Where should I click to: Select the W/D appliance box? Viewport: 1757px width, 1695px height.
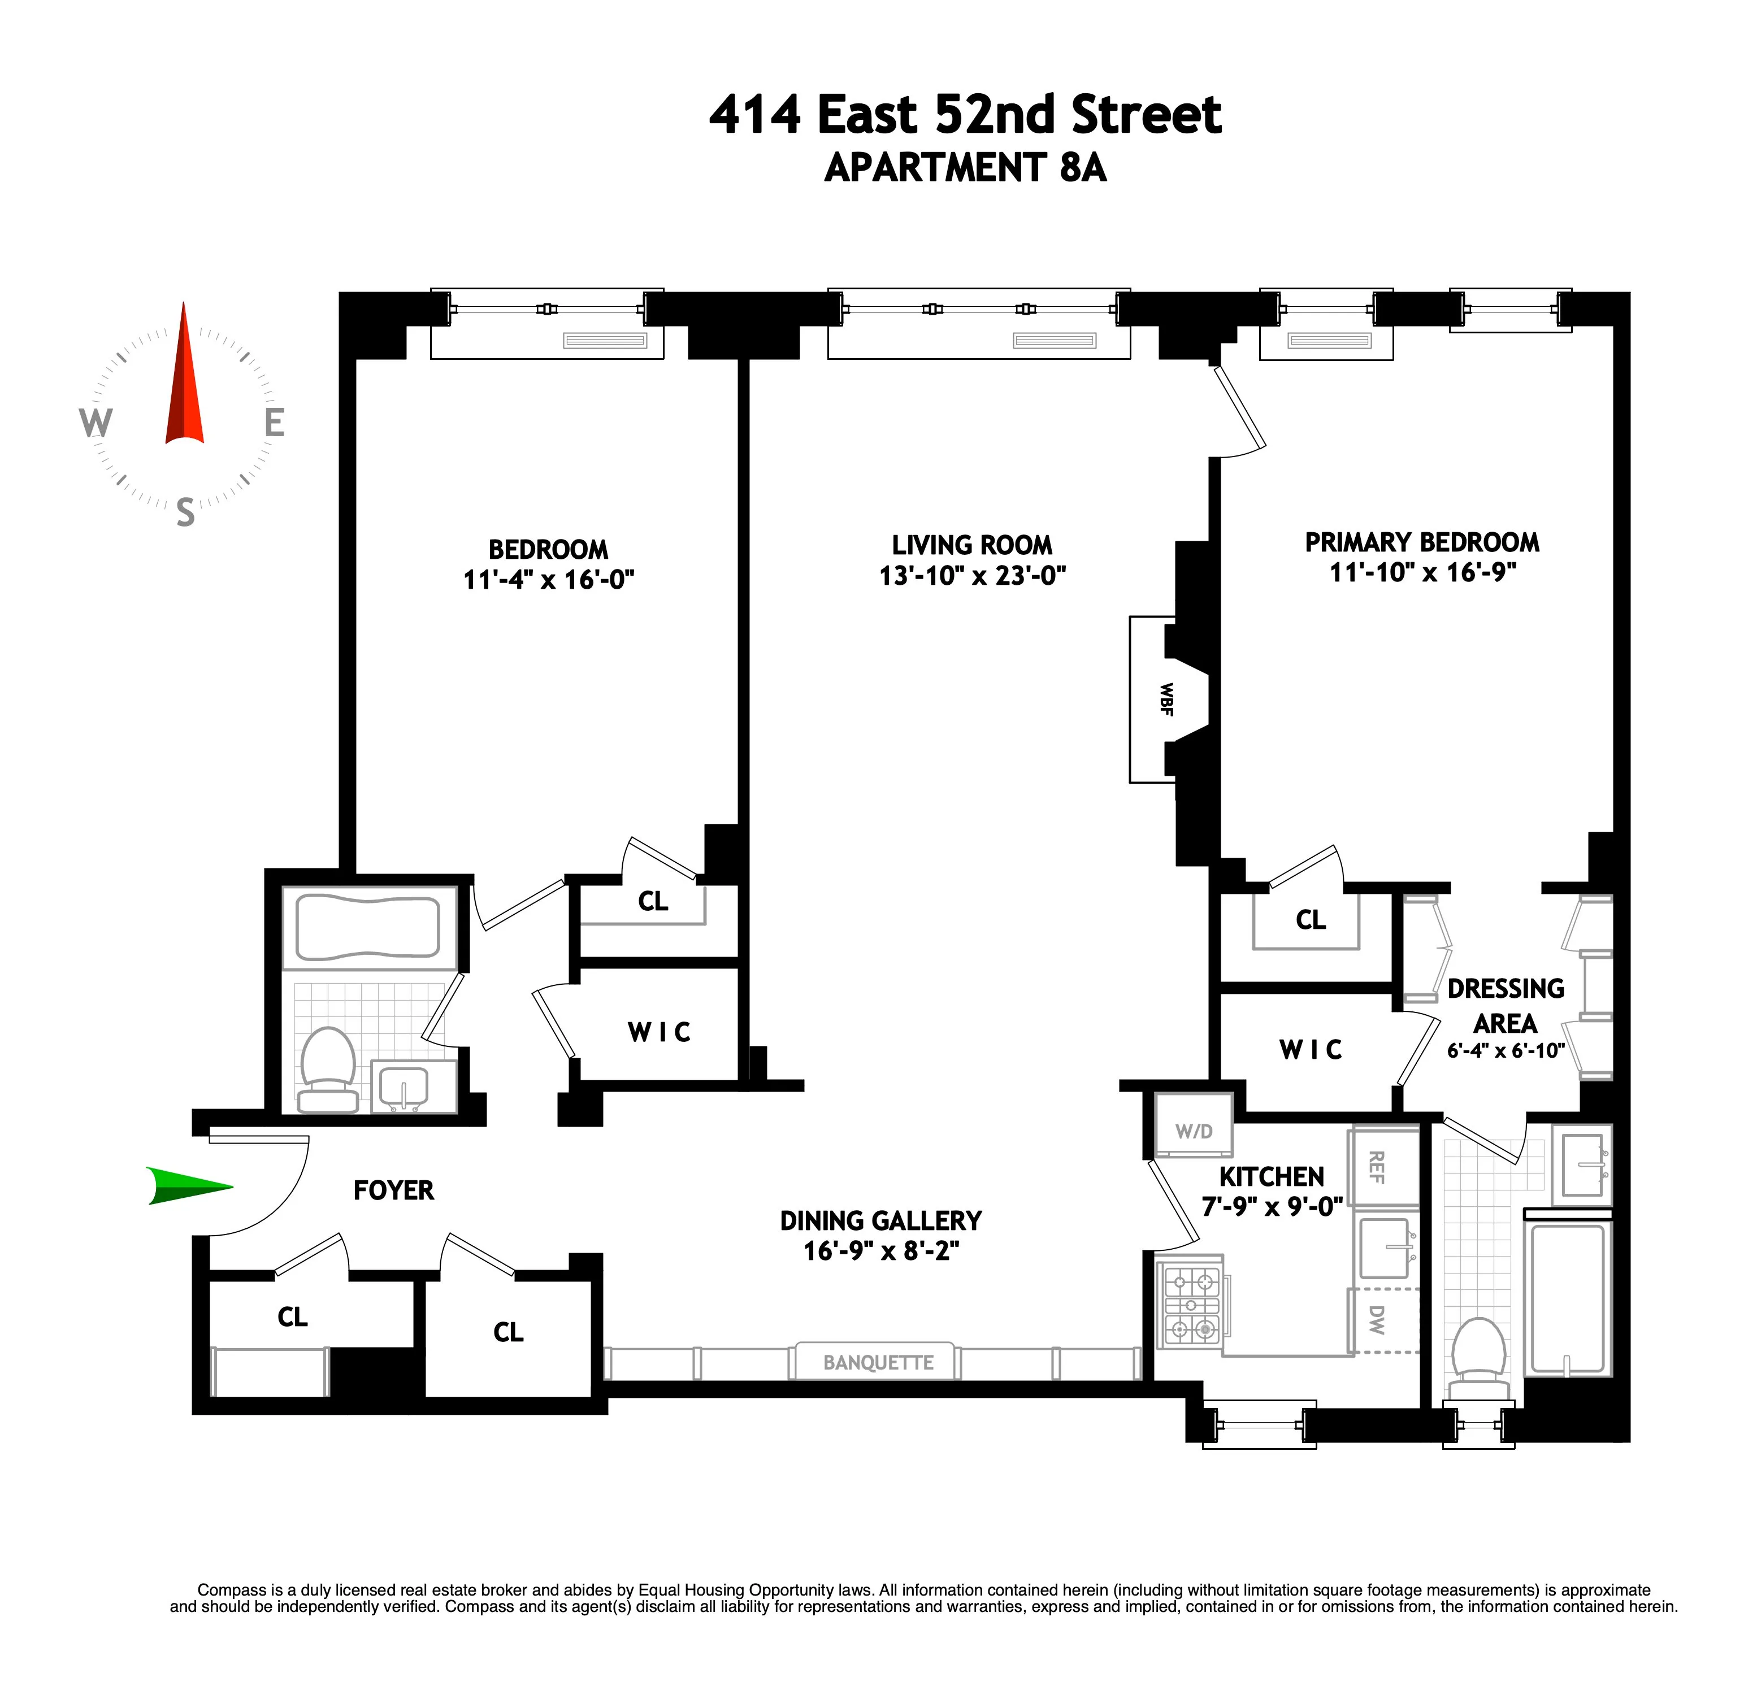tap(1193, 1131)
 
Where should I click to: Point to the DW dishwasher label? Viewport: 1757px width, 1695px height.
tap(1377, 1319)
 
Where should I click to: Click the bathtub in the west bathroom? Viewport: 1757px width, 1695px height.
tap(368, 927)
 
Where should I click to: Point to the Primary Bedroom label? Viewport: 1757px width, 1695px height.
tap(1422, 542)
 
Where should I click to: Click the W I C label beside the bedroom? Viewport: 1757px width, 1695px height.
tap(659, 1033)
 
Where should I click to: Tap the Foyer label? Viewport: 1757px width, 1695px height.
tap(393, 1190)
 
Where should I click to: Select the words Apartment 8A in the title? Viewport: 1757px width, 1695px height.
tap(965, 168)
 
